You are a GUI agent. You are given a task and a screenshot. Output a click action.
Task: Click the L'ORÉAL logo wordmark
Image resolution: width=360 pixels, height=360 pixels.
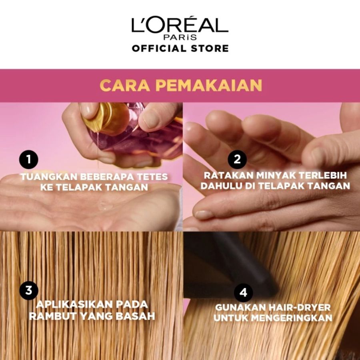pyautogui.click(x=180, y=25)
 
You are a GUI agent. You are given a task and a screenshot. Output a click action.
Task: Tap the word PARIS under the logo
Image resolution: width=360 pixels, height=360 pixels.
pyautogui.click(x=180, y=38)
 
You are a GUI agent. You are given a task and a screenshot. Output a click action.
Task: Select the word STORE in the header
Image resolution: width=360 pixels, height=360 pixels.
pyautogui.click(x=208, y=48)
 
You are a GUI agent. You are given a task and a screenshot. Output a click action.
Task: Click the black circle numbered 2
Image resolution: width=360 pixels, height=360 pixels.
pyautogui.click(x=237, y=160)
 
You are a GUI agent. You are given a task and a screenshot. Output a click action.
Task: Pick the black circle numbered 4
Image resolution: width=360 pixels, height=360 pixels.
pyautogui.click(x=243, y=293)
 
